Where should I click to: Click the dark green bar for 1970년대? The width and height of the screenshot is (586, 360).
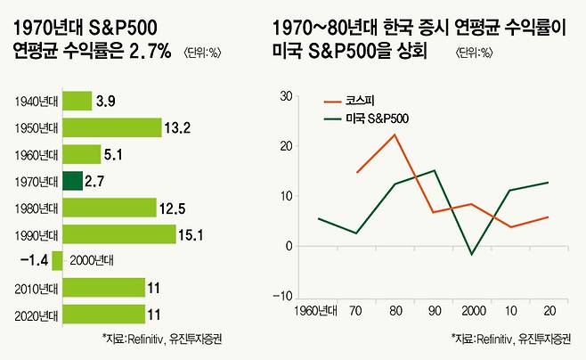click(73, 182)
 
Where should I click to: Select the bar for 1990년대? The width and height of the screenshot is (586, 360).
click(120, 234)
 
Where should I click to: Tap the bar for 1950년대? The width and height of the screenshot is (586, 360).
click(112, 128)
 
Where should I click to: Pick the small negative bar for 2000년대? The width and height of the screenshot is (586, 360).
click(57, 260)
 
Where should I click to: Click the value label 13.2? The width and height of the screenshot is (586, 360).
click(175, 128)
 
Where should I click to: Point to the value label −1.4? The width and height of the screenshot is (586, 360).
click(33, 260)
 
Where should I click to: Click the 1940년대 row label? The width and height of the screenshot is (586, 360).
click(37, 102)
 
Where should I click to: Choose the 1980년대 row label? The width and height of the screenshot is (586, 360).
click(37, 209)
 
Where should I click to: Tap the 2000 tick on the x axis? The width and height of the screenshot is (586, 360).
click(471, 310)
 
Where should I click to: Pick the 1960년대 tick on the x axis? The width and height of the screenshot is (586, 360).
click(317, 310)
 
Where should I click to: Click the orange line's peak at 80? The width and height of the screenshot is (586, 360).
click(394, 135)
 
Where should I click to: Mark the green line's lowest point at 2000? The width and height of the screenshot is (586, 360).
click(472, 255)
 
